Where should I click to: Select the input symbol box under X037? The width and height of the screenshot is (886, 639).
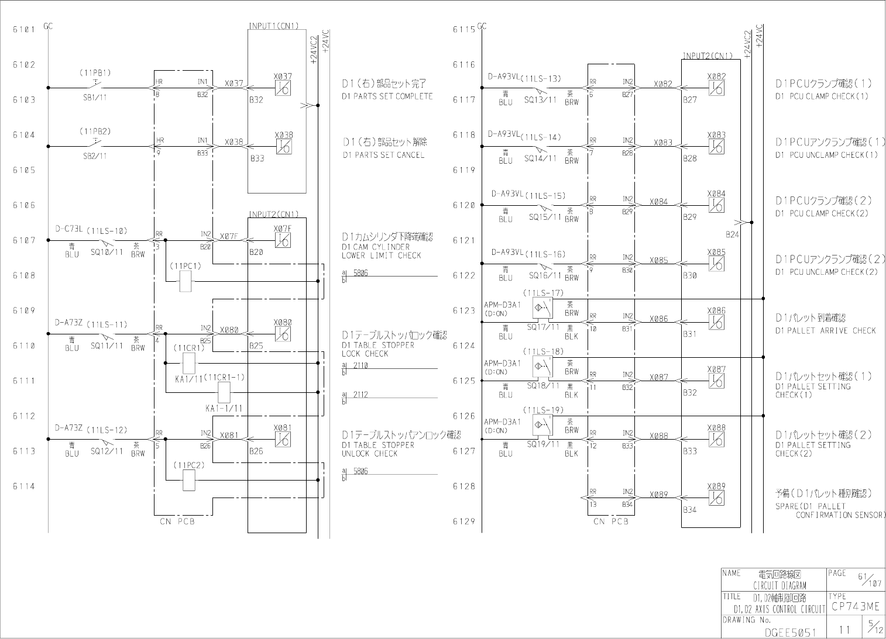point(283,88)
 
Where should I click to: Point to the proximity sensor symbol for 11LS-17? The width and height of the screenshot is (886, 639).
point(541,308)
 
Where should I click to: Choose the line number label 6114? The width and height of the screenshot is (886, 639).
point(24,486)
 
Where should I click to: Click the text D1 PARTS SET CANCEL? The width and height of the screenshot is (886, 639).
point(383,155)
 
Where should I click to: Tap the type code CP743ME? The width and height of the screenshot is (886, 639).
point(855,607)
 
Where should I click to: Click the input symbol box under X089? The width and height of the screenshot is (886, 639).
point(716,498)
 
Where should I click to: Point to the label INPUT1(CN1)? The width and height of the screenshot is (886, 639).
point(274,26)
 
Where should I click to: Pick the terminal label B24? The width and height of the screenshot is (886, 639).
point(732,234)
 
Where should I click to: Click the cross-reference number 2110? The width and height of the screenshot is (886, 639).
point(360,365)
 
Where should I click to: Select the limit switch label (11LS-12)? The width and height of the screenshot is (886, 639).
point(107,430)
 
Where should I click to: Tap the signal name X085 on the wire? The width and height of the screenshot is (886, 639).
point(658,260)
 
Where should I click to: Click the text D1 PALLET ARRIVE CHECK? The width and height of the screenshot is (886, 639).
point(826,330)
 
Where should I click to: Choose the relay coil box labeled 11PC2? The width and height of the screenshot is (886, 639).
point(189,480)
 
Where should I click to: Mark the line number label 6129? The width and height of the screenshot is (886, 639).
point(464,521)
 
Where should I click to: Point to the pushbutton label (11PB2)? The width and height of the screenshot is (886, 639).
point(95,131)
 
